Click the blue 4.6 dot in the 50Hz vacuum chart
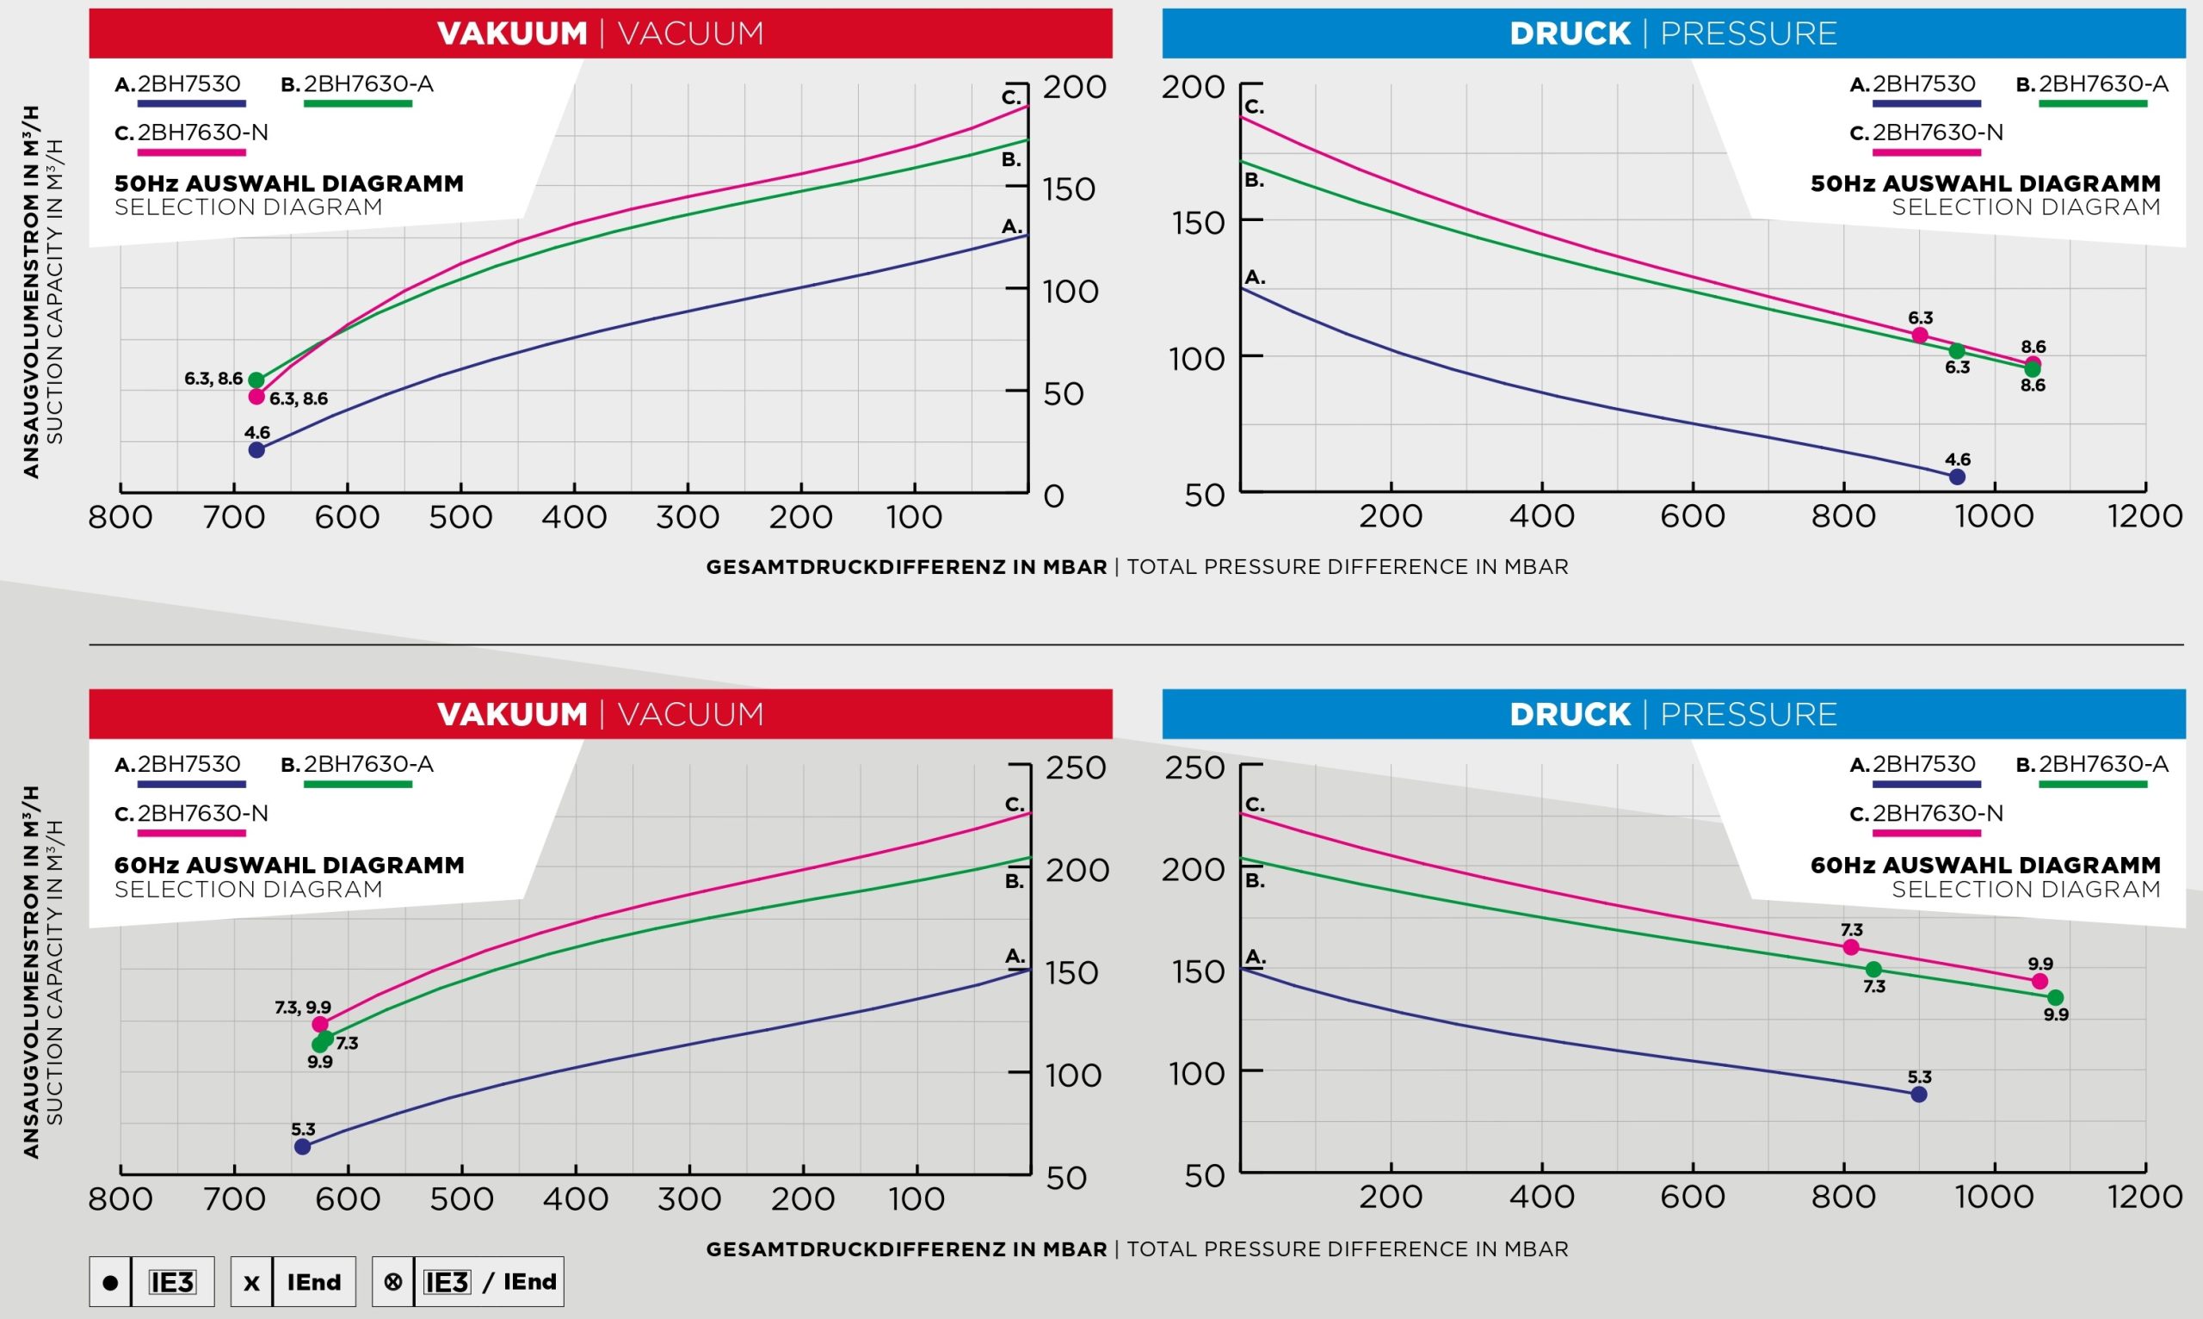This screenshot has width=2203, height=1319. point(256,450)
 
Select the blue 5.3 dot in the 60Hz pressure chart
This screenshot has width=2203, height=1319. point(1919,1094)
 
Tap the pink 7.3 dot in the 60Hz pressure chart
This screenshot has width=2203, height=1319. point(1851,947)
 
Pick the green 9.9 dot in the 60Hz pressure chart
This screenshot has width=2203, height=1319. point(2056,998)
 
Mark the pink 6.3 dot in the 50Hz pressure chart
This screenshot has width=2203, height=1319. point(1920,335)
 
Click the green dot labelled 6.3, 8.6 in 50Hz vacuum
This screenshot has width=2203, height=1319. point(256,380)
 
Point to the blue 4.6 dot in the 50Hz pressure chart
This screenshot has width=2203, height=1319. point(1957,478)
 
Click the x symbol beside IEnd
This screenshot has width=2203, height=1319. point(251,1283)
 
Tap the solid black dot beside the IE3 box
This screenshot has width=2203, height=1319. point(110,1283)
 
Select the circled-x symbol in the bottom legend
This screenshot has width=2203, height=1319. point(392,1282)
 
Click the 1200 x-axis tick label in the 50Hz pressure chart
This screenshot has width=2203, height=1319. point(2144,516)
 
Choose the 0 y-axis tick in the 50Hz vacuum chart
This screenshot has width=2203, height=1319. point(1054,496)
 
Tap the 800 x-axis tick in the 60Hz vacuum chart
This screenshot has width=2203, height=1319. point(120,1199)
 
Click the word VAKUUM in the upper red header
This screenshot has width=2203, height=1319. point(513,34)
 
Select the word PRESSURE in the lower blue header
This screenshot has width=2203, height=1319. point(1748,715)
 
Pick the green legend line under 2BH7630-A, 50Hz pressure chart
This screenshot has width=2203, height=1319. point(2093,104)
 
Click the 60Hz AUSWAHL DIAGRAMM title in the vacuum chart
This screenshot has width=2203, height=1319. point(289,865)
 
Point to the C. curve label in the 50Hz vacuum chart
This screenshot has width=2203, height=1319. point(1011,98)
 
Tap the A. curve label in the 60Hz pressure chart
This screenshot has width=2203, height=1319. point(1255,958)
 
